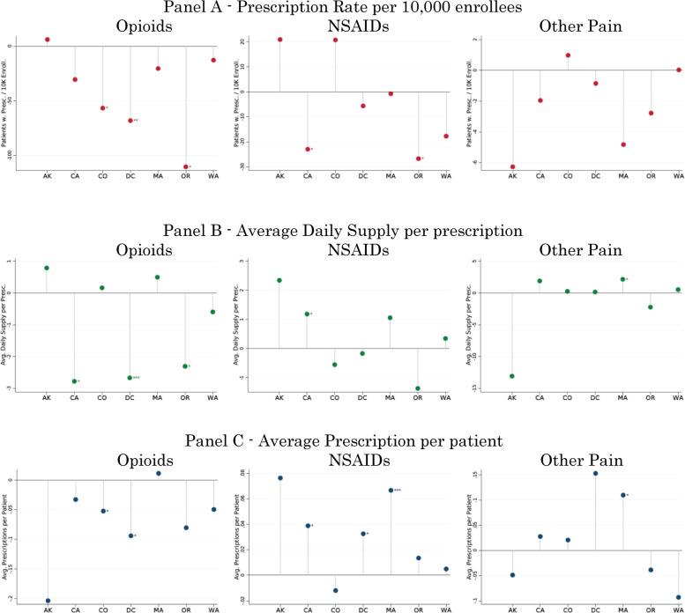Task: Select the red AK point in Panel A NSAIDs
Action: (280, 40)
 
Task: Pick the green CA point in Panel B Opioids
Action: (75, 381)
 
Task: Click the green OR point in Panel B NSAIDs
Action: (418, 388)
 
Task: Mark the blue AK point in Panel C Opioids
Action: (48, 601)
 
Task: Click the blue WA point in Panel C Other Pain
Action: (678, 597)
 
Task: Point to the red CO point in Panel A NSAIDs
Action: (335, 40)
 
